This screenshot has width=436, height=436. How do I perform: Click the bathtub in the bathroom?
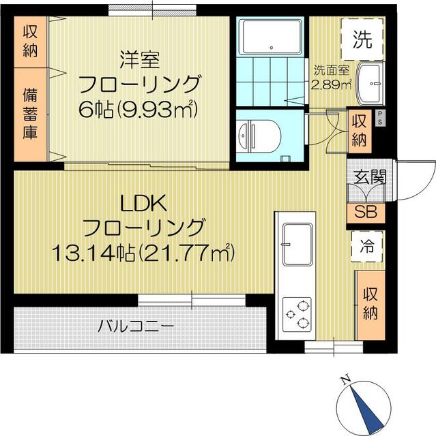click(x=271, y=36)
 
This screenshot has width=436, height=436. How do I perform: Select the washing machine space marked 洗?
click(x=362, y=40)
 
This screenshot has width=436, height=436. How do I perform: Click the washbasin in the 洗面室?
click(x=370, y=84)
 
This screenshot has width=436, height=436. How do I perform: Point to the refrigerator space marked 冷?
click(x=367, y=247)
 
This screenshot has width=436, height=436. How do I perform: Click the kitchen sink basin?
click(x=297, y=245)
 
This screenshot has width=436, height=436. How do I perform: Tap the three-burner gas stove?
click(x=297, y=315)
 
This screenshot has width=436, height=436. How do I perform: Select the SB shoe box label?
click(x=366, y=212)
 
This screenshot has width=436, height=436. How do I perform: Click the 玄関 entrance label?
click(x=370, y=176)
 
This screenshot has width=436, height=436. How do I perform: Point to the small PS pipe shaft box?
click(x=380, y=118)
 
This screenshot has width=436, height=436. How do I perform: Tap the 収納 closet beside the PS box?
click(x=359, y=131)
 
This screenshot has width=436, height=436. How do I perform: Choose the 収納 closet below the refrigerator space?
click(x=370, y=305)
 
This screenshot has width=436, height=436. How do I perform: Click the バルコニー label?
click(x=136, y=326)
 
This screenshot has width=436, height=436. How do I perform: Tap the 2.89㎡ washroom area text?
click(x=331, y=84)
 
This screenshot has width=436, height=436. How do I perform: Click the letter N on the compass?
click(x=345, y=380)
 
